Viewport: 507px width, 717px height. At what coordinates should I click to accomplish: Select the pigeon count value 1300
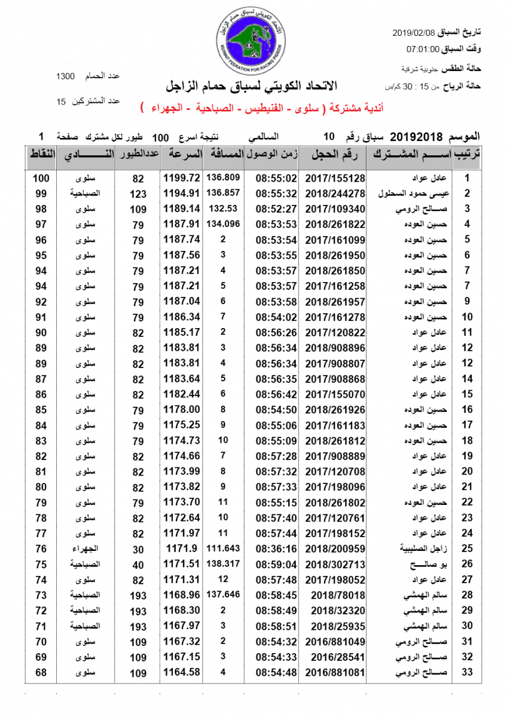pos(65,76)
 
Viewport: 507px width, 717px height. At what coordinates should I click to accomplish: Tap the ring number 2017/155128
pos(335,178)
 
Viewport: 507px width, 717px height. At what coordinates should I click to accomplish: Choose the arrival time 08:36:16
pos(276,549)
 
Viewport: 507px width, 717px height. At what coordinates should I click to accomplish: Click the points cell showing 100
pos(41,178)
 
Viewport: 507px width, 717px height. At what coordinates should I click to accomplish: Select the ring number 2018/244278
pos(335,194)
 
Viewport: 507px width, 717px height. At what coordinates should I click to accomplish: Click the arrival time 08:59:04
pos(276,564)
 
